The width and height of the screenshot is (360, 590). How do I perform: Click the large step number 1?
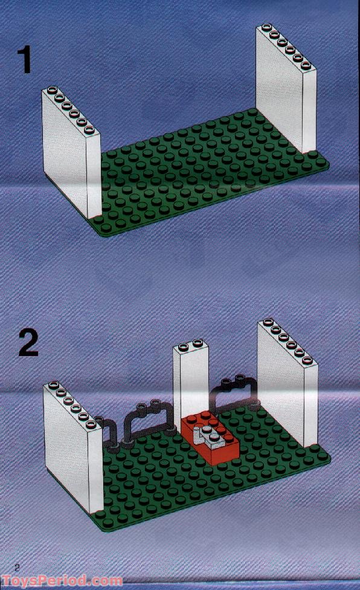coord(24,61)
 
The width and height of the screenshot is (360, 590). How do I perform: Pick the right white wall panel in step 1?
coord(284,91)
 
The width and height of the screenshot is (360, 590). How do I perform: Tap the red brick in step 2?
coord(211,441)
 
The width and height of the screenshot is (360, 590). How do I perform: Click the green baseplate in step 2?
coord(181,484)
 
